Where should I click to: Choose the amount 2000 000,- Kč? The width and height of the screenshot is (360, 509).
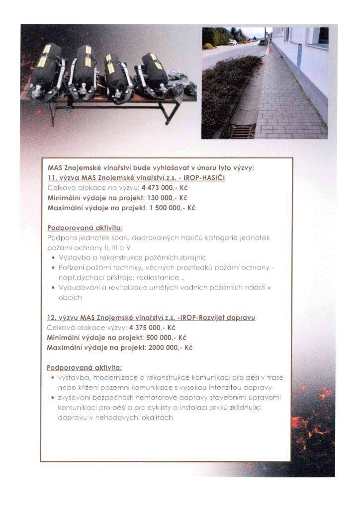[x=168, y=347]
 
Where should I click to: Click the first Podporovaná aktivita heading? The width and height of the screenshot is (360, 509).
[x=85, y=228]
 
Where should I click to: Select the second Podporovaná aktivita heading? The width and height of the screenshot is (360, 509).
[x=85, y=368]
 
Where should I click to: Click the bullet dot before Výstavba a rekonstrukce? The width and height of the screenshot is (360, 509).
[x=53, y=258]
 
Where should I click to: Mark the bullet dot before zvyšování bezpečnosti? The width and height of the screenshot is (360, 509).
[x=53, y=398]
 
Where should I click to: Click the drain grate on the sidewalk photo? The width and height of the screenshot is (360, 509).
[x=243, y=131]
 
